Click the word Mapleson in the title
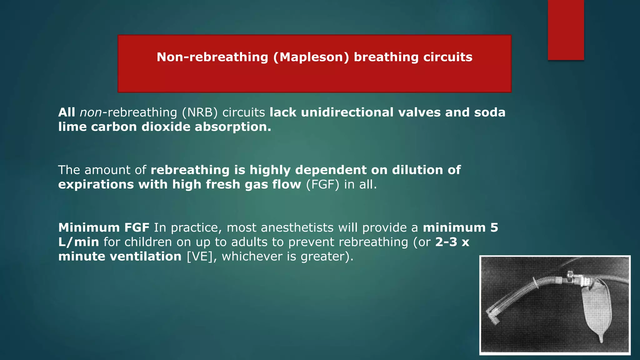(x=311, y=57)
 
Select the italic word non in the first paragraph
(x=91, y=112)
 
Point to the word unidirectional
(x=347, y=112)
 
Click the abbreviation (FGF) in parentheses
(x=322, y=184)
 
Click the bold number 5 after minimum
(x=494, y=227)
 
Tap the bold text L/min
(x=78, y=242)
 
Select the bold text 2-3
(x=446, y=242)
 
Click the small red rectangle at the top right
(x=566, y=30)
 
